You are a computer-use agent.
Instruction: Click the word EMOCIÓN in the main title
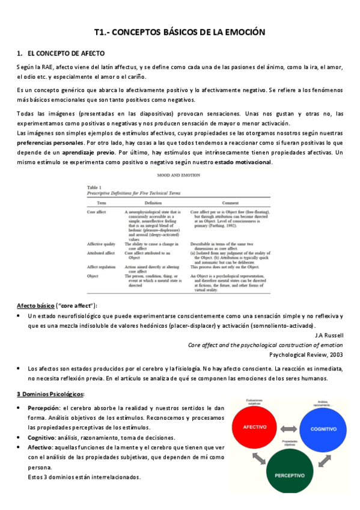click(x=237, y=32)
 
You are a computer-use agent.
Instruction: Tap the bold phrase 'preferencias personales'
click(x=50, y=143)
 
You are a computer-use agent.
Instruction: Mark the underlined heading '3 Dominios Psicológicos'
click(x=50, y=393)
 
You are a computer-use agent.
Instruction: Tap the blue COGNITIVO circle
click(x=323, y=428)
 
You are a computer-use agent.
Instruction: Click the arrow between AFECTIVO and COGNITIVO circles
click(x=291, y=428)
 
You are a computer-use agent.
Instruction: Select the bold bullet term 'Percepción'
click(x=44, y=407)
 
